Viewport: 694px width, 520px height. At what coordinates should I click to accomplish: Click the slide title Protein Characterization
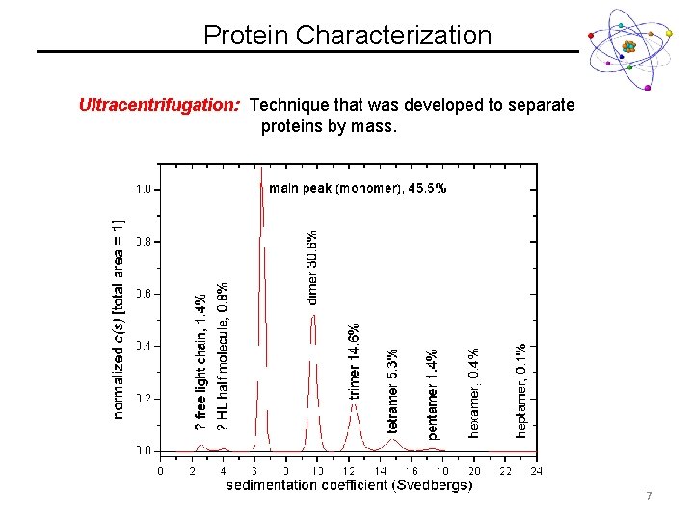[347, 36]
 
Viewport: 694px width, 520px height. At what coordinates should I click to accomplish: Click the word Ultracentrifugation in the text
[159, 104]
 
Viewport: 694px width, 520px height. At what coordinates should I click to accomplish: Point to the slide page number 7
[649, 496]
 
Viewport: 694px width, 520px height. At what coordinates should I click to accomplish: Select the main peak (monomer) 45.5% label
[357, 189]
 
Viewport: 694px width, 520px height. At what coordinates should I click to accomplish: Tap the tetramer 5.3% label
[392, 390]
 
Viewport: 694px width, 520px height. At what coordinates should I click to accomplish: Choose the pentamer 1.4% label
[433, 394]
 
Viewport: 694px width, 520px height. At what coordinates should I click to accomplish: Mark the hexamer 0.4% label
[473, 393]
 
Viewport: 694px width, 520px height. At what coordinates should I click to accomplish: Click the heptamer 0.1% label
[520, 390]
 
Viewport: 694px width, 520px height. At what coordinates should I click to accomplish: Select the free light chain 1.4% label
[200, 361]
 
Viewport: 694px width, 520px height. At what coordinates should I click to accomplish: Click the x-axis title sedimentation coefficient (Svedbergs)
[349, 485]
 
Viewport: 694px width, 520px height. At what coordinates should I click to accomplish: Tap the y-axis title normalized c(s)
[119, 318]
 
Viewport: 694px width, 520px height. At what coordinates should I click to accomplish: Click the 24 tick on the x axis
[536, 471]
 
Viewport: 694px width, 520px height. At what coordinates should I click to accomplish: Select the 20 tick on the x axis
[474, 471]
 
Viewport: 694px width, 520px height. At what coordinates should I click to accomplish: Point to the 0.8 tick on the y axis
[143, 241]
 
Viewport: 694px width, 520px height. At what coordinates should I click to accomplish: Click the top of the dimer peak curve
[314, 316]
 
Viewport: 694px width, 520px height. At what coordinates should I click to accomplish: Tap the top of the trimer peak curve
[354, 404]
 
